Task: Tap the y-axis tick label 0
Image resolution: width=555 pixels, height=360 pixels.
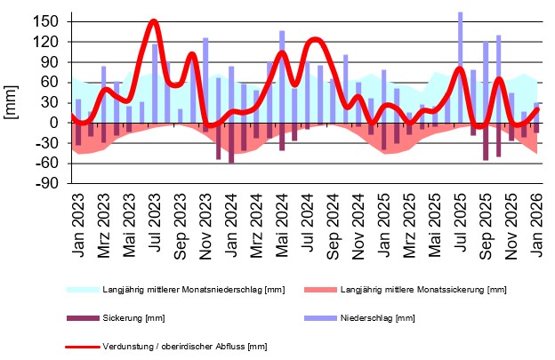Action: click(x=54, y=123)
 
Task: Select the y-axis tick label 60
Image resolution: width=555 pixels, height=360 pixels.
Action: click(x=50, y=82)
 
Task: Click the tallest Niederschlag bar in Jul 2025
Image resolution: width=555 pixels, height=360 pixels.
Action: click(x=461, y=67)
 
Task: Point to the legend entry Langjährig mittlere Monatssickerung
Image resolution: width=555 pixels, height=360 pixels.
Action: click(x=422, y=290)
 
